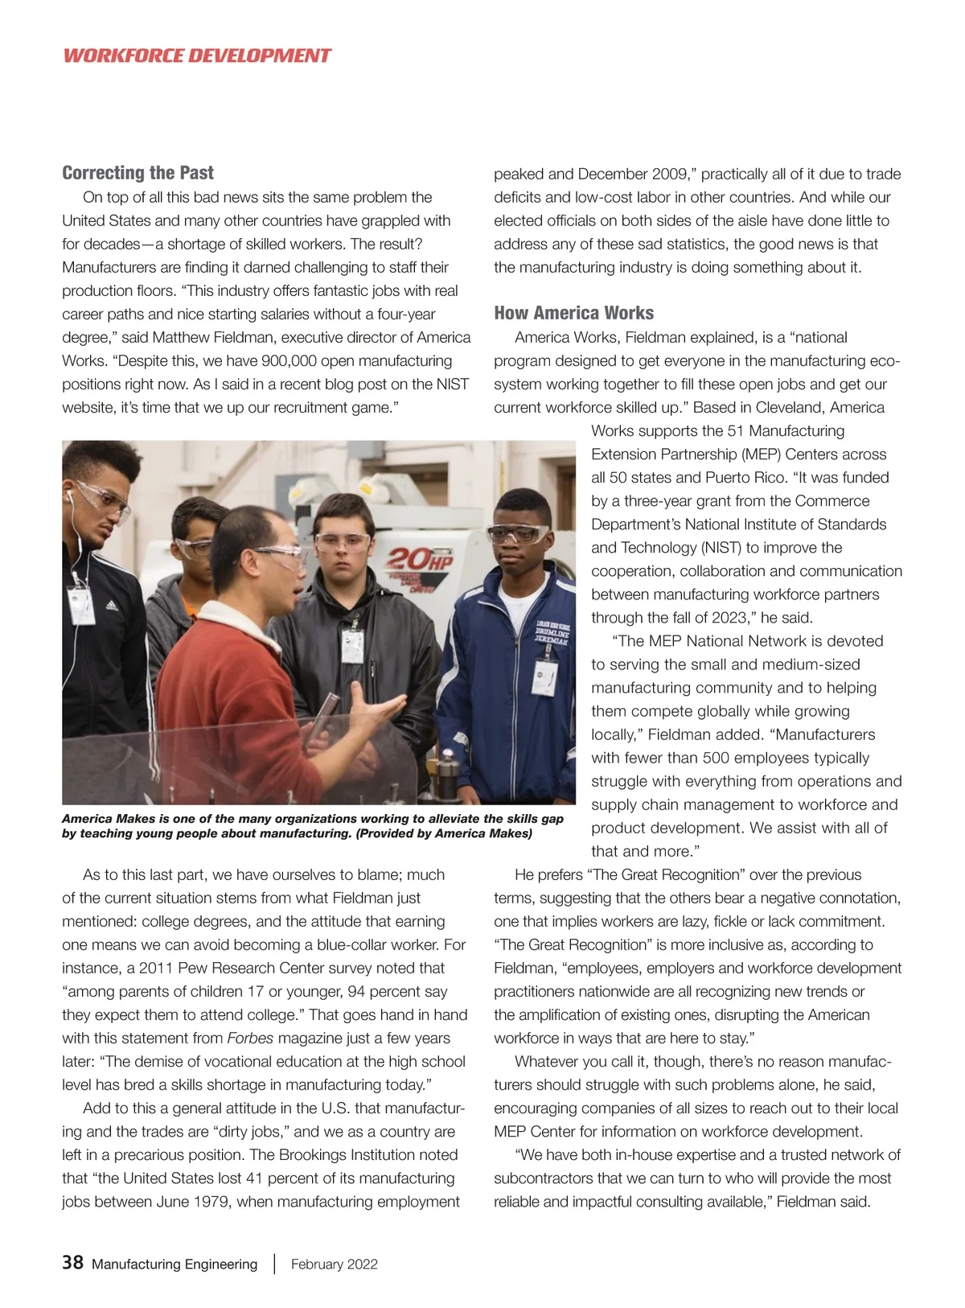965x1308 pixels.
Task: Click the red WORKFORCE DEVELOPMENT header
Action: (196, 56)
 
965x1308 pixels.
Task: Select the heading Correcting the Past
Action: (138, 173)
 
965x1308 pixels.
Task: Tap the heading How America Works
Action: (573, 313)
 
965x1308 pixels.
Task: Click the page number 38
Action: (72, 1262)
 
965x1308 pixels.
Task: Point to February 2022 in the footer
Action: (334, 1264)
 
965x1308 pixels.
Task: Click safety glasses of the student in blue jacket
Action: (518, 533)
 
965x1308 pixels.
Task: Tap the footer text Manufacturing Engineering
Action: (175, 1264)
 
